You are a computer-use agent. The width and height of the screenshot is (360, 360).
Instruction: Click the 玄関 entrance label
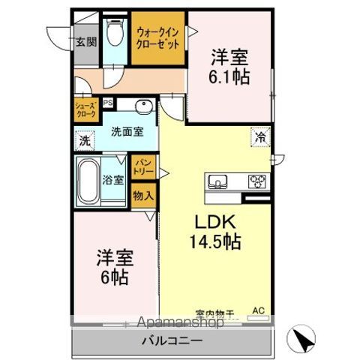pos(85,42)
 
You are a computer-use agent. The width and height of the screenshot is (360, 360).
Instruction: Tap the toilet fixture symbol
pos(115,31)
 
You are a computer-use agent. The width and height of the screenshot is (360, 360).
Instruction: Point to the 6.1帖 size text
pos(229,76)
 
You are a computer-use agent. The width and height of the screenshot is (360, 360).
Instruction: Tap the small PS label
pos(108,103)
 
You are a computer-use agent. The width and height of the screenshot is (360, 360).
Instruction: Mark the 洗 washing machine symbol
pos(85,140)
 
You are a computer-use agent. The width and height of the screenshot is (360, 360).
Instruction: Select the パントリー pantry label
pos(142,166)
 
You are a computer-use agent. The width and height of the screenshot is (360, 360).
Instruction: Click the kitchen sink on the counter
pos(218,181)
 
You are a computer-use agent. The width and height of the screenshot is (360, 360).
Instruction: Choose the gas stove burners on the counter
pos(258,181)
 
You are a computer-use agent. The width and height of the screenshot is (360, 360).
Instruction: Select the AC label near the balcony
pos(259,310)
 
